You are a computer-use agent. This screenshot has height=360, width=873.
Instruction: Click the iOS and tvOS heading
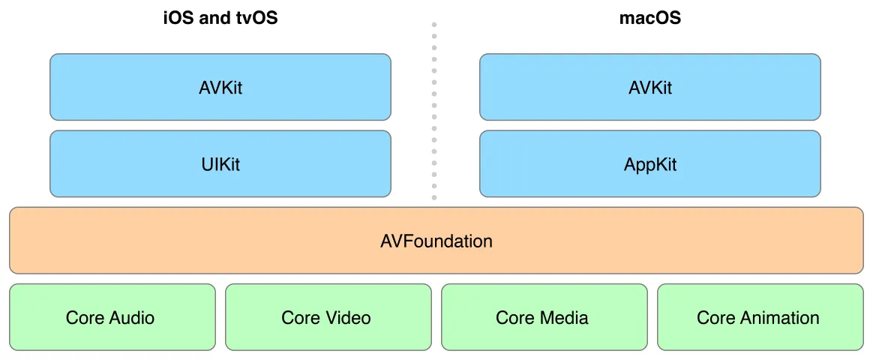(x=220, y=18)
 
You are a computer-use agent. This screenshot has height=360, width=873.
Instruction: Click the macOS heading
(x=649, y=18)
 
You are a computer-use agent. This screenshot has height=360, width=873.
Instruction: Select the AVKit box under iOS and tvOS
(x=220, y=87)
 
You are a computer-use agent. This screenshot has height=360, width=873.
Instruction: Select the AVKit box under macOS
(x=649, y=87)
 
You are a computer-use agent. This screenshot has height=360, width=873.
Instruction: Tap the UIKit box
(x=220, y=164)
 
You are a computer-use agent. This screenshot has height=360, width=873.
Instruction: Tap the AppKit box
(x=649, y=164)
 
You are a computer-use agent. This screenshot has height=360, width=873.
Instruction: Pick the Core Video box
(x=328, y=317)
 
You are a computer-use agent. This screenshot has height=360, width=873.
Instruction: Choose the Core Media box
(x=544, y=317)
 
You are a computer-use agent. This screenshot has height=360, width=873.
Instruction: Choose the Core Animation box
(x=760, y=317)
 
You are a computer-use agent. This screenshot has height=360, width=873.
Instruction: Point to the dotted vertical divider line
(x=433, y=112)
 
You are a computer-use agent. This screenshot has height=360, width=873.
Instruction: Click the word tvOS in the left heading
(x=255, y=18)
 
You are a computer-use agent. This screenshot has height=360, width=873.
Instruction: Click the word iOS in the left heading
(x=177, y=18)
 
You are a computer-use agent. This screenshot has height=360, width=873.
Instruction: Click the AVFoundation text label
(x=436, y=241)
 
